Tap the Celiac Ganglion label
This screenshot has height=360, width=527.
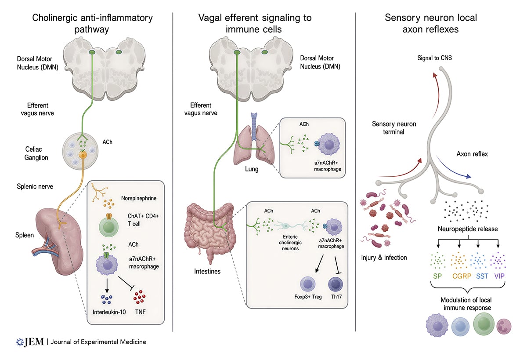pos(36,153)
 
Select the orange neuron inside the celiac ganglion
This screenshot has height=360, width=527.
pos(83,155)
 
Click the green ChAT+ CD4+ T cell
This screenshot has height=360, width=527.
pos(108,226)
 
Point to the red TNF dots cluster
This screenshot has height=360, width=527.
pos(139,297)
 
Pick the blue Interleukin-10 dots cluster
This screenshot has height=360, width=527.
pos(107,299)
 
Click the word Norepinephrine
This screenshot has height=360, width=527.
pos(139,198)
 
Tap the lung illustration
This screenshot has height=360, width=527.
pos(254,144)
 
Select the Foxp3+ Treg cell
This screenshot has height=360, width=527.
pos(307,284)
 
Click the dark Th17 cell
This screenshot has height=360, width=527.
pos(336,284)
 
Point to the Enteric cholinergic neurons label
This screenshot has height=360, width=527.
pos(290,243)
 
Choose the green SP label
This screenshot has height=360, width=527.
pos(437,276)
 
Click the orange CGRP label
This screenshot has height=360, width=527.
pos(462,276)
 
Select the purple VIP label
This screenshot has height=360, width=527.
pos(499,276)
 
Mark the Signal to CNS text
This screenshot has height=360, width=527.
pos(434,58)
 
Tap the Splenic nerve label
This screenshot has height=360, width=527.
pos(35,186)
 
